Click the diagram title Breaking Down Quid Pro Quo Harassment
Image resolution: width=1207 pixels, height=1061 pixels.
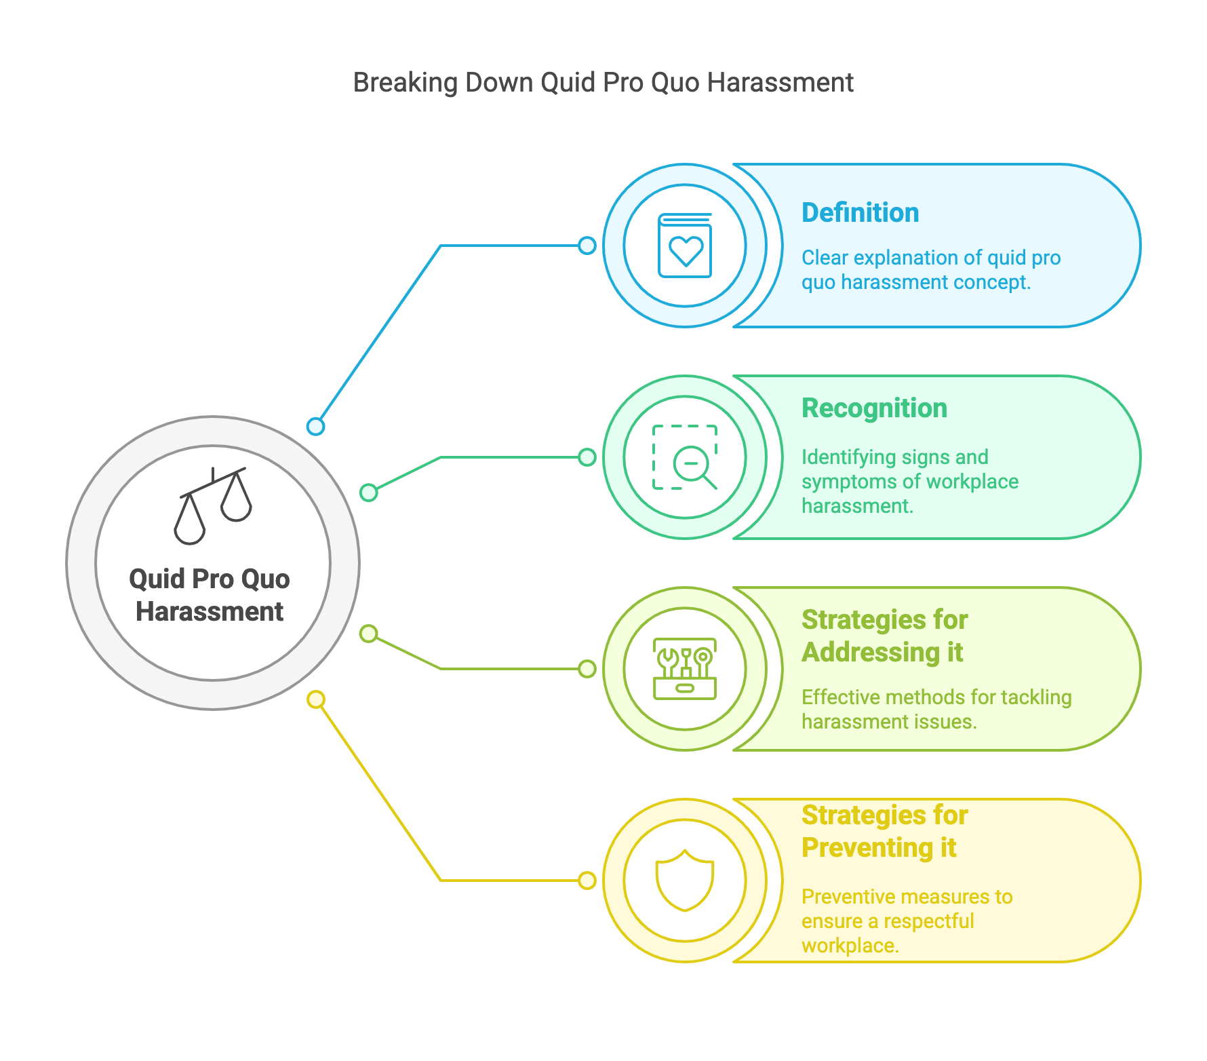(603, 83)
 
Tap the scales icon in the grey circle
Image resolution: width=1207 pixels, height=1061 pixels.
(213, 505)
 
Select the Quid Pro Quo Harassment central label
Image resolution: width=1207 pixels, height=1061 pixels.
(210, 595)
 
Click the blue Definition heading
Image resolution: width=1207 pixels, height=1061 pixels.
(860, 213)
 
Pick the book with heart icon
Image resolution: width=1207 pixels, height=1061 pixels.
(685, 246)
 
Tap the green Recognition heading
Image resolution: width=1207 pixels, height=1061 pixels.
(874, 408)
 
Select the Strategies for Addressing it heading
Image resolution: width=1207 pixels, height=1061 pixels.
(884, 636)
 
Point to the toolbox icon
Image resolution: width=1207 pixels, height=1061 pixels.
(685, 669)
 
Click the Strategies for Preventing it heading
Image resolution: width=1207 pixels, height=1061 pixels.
(884, 831)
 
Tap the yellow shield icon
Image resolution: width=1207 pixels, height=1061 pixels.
(685, 880)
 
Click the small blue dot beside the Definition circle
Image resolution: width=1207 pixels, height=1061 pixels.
(587, 246)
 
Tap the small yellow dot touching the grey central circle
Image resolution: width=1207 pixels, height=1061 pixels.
(316, 699)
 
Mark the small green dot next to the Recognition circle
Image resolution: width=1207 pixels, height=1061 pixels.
(587, 457)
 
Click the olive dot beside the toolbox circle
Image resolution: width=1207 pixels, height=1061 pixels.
(587, 669)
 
